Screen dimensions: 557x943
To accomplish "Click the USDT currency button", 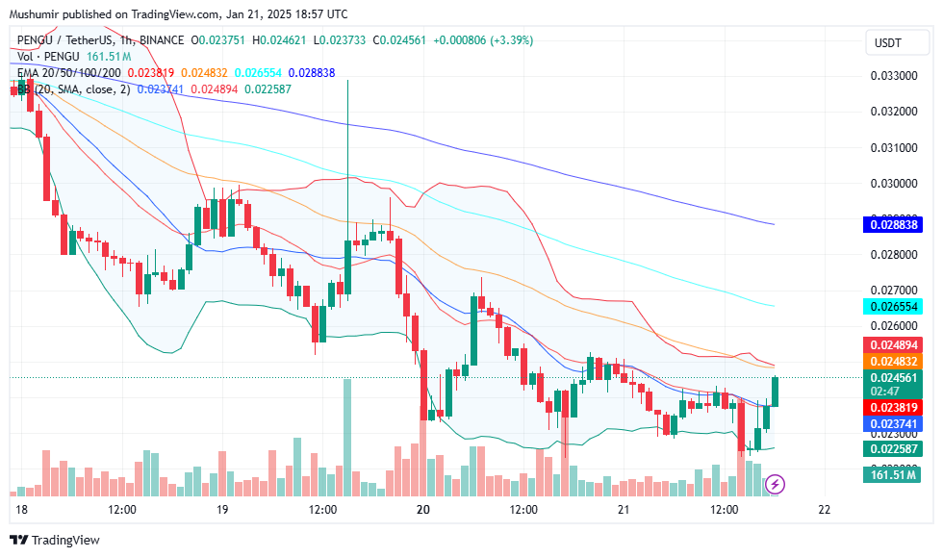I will click(x=887, y=42).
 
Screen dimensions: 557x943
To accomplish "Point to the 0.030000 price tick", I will click(x=894, y=183).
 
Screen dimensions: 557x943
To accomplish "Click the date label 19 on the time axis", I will click(x=222, y=509).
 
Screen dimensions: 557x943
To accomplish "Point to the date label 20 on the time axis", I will click(x=422, y=509).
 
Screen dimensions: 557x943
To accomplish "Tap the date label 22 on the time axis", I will click(x=824, y=509).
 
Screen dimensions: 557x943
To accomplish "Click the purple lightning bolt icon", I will click(x=776, y=484).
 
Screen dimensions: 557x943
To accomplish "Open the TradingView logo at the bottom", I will click(x=55, y=541).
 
